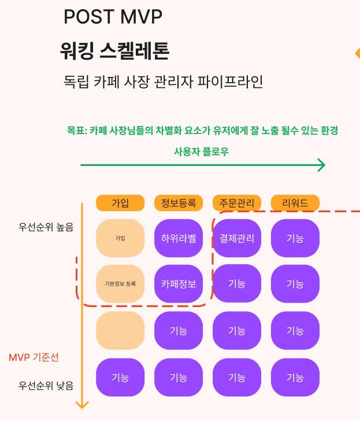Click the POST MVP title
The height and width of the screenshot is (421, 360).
113,17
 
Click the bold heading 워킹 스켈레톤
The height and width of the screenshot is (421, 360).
114,51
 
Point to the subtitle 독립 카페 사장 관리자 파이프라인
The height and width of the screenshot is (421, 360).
163,82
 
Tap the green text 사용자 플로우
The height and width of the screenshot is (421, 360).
201,152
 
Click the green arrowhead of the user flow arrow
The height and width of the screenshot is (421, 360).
322,165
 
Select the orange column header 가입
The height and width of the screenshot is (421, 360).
120,203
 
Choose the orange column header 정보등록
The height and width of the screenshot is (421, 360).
179,203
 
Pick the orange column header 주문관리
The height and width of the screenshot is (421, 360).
237,203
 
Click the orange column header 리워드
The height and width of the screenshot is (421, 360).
295,203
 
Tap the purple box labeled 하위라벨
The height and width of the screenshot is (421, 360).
179,238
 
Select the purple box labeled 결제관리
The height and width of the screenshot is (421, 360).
237,238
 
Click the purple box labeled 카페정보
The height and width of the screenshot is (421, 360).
179,284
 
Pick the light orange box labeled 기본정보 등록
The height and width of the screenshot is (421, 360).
120,284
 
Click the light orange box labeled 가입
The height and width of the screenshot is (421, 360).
120,238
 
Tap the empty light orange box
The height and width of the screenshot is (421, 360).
120,331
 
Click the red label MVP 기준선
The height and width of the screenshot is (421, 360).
34,357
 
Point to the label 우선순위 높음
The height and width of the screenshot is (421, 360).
46,227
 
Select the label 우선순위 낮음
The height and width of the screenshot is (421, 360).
46,386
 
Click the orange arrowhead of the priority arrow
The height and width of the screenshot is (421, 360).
82,405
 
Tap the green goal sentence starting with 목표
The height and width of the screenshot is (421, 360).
202,131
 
